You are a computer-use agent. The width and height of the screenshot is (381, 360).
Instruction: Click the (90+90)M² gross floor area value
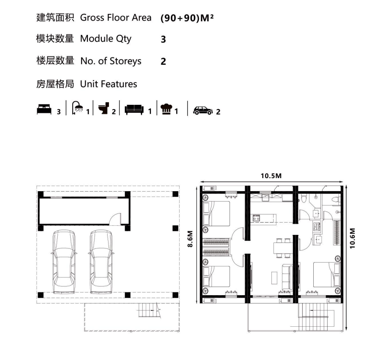pos(187,18)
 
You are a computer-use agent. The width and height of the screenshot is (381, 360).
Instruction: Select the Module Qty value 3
pos(163,39)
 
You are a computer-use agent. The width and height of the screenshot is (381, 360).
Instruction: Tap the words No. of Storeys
pos(111,61)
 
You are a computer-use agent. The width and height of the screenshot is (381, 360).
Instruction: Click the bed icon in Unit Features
pos(44,109)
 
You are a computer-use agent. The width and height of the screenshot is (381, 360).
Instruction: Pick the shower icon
pos(77,107)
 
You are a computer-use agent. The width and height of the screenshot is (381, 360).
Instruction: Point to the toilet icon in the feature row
pos(104,108)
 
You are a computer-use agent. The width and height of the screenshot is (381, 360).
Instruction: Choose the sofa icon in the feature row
pos(134,110)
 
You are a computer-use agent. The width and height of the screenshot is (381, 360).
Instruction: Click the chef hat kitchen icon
pos(166,109)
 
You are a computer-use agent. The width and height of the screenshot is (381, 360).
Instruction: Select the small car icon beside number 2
pos(203,111)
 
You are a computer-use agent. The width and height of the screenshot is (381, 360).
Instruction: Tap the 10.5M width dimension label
pos(271,176)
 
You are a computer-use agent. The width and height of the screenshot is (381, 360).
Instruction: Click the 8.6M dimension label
pos(190,239)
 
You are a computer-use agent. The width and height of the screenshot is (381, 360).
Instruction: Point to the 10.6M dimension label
pos(352,238)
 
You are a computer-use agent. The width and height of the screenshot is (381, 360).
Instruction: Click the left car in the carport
pos(64,261)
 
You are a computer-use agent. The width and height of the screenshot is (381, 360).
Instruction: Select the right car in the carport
pos(101,261)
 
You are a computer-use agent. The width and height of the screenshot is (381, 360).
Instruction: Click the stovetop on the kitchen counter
pos(257,218)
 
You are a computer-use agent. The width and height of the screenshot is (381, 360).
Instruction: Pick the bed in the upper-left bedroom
pos(217,213)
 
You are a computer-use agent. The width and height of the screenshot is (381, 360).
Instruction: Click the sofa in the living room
pos(287,277)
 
